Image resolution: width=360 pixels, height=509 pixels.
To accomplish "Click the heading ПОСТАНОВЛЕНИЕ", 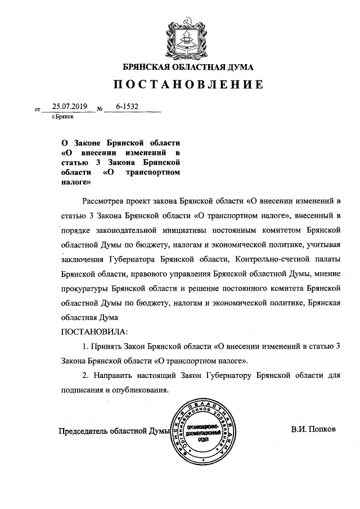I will [188, 85].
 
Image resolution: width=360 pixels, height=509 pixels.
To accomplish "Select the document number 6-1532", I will [128, 106].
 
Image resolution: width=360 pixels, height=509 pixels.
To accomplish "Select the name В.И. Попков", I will [313, 429].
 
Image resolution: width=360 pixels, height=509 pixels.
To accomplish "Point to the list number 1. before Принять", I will [85, 346].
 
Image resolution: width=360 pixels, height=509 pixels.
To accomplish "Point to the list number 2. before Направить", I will [85, 375].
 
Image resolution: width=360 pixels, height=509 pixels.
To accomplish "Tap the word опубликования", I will [140, 390].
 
